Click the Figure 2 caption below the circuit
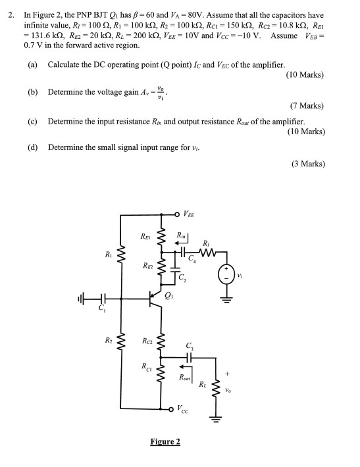(165, 442)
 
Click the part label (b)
(33, 92)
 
